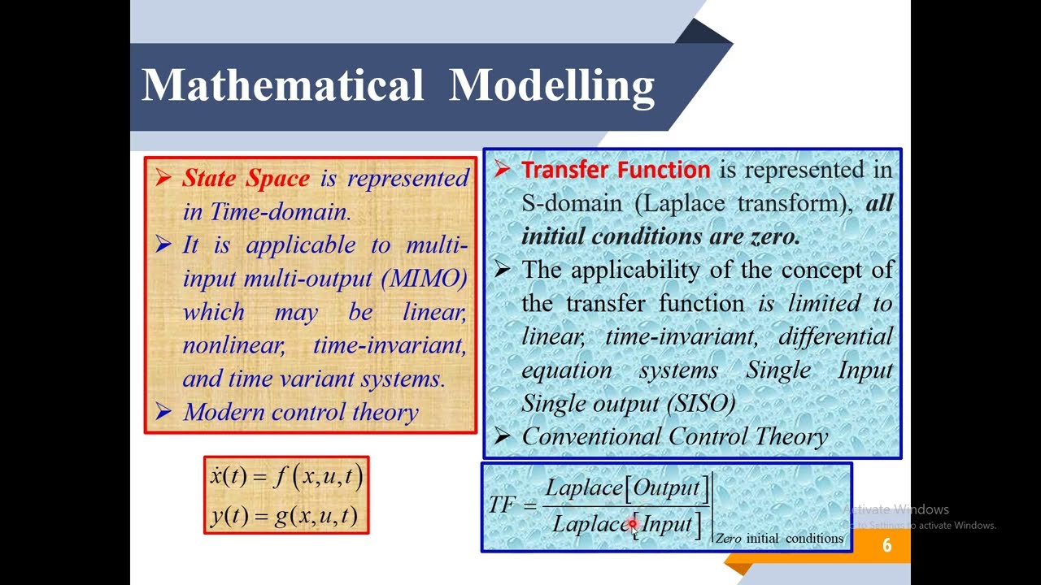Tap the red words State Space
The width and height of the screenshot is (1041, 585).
[x=246, y=178]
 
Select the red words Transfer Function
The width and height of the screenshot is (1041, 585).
[x=616, y=170]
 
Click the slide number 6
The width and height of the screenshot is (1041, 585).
[x=886, y=546]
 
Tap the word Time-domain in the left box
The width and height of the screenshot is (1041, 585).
[x=280, y=212]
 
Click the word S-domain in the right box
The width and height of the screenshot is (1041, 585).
[x=571, y=203]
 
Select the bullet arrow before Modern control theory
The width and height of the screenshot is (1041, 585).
[x=163, y=412]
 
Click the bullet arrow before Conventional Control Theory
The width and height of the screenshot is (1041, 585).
[x=502, y=436]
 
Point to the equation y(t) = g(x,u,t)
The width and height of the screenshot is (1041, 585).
[x=285, y=516]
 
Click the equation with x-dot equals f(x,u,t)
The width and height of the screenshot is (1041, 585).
[x=286, y=476]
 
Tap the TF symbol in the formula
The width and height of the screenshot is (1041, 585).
[x=501, y=505]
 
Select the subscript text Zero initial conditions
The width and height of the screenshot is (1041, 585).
[x=779, y=539]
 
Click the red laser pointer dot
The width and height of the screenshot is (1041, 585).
[x=633, y=525]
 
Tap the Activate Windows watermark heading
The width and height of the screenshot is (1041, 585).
[x=897, y=509]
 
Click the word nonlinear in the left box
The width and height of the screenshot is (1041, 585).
[x=233, y=345]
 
